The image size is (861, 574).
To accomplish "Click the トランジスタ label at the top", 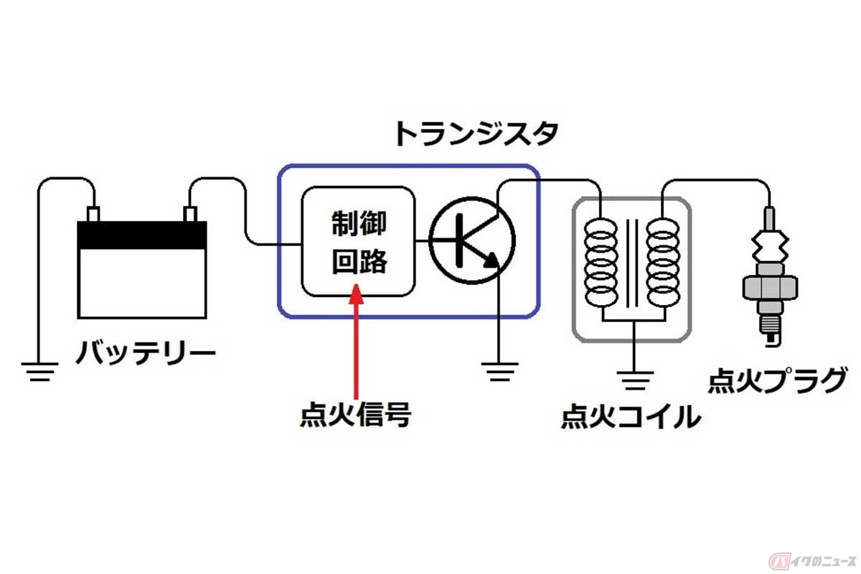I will (x=475, y=134).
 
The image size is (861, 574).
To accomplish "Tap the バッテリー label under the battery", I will (x=146, y=354).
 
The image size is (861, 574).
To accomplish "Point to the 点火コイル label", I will (x=630, y=415).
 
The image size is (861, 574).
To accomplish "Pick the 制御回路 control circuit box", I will (x=358, y=242).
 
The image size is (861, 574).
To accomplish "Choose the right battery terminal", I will (x=190, y=214).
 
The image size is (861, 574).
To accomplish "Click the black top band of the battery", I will (x=142, y=235).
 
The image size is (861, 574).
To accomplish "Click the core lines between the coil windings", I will (x=632, y=262).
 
